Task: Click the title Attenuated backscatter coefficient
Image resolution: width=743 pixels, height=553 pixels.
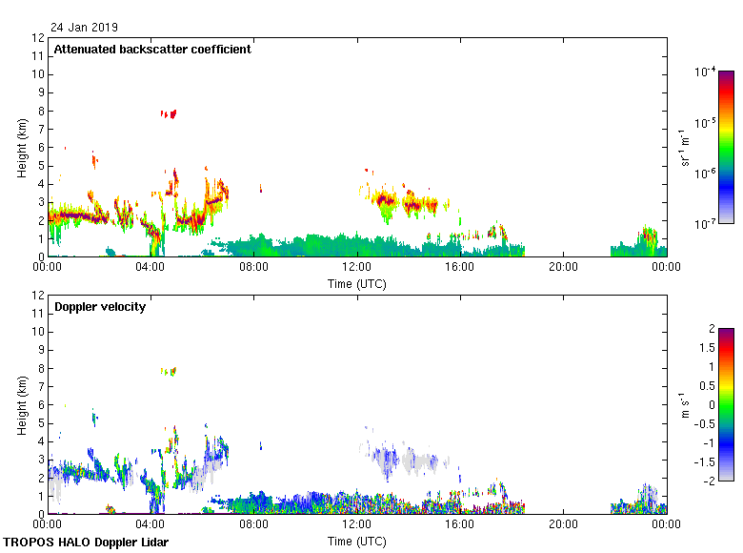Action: [152, 50]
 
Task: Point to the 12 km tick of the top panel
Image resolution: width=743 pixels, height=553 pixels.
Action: [39, 38]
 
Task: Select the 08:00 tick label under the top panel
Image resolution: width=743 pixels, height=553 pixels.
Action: [253, 268]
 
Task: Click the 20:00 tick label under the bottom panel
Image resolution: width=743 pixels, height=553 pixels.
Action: [563, 525]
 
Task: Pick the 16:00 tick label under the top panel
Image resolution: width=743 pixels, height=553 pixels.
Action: [460, 268]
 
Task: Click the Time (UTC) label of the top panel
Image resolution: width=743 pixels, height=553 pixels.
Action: [357, 283]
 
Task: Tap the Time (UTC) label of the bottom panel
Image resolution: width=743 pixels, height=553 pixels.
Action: [357, 541]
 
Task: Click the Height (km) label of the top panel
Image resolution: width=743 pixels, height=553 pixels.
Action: [22, 148]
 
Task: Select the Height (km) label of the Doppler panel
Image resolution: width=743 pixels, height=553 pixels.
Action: [22, 405]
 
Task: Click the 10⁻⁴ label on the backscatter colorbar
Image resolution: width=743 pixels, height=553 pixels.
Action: [706, 72]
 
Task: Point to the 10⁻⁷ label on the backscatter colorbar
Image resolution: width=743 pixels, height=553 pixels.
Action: [706, 224]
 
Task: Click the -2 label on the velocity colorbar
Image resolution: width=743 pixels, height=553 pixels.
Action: [710, 481]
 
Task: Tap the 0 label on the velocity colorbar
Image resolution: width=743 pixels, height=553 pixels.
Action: [708, 404]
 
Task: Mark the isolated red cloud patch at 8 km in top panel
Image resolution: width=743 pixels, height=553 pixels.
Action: [170, 113]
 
